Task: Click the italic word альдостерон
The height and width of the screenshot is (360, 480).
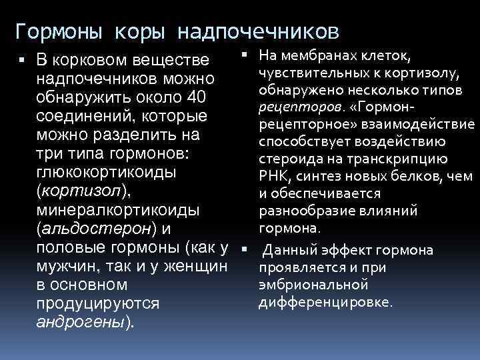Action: coord(97,229)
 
